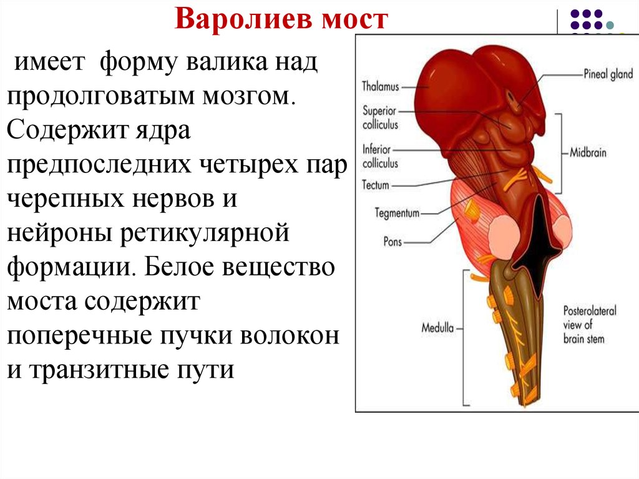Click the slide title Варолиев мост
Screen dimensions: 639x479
click(281, 19)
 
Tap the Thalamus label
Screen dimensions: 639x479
click(380, 87)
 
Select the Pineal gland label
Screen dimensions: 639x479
click(608, 74)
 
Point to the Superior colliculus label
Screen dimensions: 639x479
click(380, 117)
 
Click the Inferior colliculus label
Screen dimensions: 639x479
click(380, 156)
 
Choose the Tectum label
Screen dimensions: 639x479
click(375, 185)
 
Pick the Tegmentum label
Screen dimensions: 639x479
click(397, 213)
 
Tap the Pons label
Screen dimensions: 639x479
click(393, 242)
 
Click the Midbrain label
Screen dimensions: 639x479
click(588, 152)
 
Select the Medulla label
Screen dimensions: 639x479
click(437, 328)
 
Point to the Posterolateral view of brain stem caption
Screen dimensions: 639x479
click(590, 325)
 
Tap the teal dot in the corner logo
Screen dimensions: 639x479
click(610, 26)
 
